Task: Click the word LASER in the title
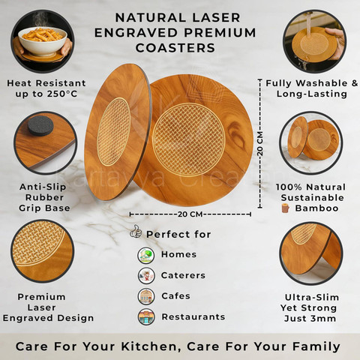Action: (216, 18)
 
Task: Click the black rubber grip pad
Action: (40, 126)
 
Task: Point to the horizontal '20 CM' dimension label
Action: (190, 214)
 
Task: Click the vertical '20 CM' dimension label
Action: (260, 144)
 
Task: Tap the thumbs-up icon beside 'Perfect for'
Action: (136, 232)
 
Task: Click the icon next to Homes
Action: (146, 255)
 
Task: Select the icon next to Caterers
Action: (146, 275)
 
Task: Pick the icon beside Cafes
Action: (146, 296)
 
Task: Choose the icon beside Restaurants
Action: (146, 317)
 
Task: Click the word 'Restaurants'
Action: (193, 316)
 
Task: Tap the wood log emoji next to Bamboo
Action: (285, 208)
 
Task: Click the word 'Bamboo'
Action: (316, 208)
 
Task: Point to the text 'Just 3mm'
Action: (310, 319)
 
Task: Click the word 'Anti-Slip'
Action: (43, 187)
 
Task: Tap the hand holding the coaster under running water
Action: (336, 43)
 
